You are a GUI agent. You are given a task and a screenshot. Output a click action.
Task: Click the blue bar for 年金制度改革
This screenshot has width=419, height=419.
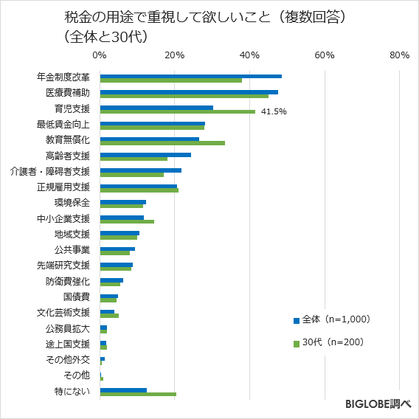pos(190,76)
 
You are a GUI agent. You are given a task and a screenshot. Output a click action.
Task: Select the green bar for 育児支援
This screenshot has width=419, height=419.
pos(177,112)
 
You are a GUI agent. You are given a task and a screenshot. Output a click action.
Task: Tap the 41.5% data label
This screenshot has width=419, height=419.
pos(274,112)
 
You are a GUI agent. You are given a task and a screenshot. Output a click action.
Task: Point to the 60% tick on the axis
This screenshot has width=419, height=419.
pos(325,55)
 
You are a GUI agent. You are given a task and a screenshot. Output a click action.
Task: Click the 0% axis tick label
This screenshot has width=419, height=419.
pos(100,55)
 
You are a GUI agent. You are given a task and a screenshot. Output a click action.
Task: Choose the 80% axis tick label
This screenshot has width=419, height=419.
pos(399,55)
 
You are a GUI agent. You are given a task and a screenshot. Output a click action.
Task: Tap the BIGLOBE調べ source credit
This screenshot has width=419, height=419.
pos(378,404)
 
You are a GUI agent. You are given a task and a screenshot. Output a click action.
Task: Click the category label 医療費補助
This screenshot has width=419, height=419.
pos(67,93)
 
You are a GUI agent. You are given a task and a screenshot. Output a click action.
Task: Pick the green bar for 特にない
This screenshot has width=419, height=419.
pos(138,394)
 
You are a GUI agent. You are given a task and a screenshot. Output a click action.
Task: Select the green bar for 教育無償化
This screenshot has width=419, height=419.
pos(162,143)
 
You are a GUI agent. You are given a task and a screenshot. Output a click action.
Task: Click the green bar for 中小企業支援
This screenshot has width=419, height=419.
pos(127,221)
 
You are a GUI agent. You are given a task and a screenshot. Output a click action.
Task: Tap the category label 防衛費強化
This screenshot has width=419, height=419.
pos(67,281)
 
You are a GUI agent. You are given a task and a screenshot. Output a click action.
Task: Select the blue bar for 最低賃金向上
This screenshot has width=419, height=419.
pos(152,123)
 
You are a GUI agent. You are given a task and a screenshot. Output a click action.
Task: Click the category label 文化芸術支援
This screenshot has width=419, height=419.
pos(63,313)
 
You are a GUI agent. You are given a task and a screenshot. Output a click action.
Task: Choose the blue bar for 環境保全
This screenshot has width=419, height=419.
pos(122,201)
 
